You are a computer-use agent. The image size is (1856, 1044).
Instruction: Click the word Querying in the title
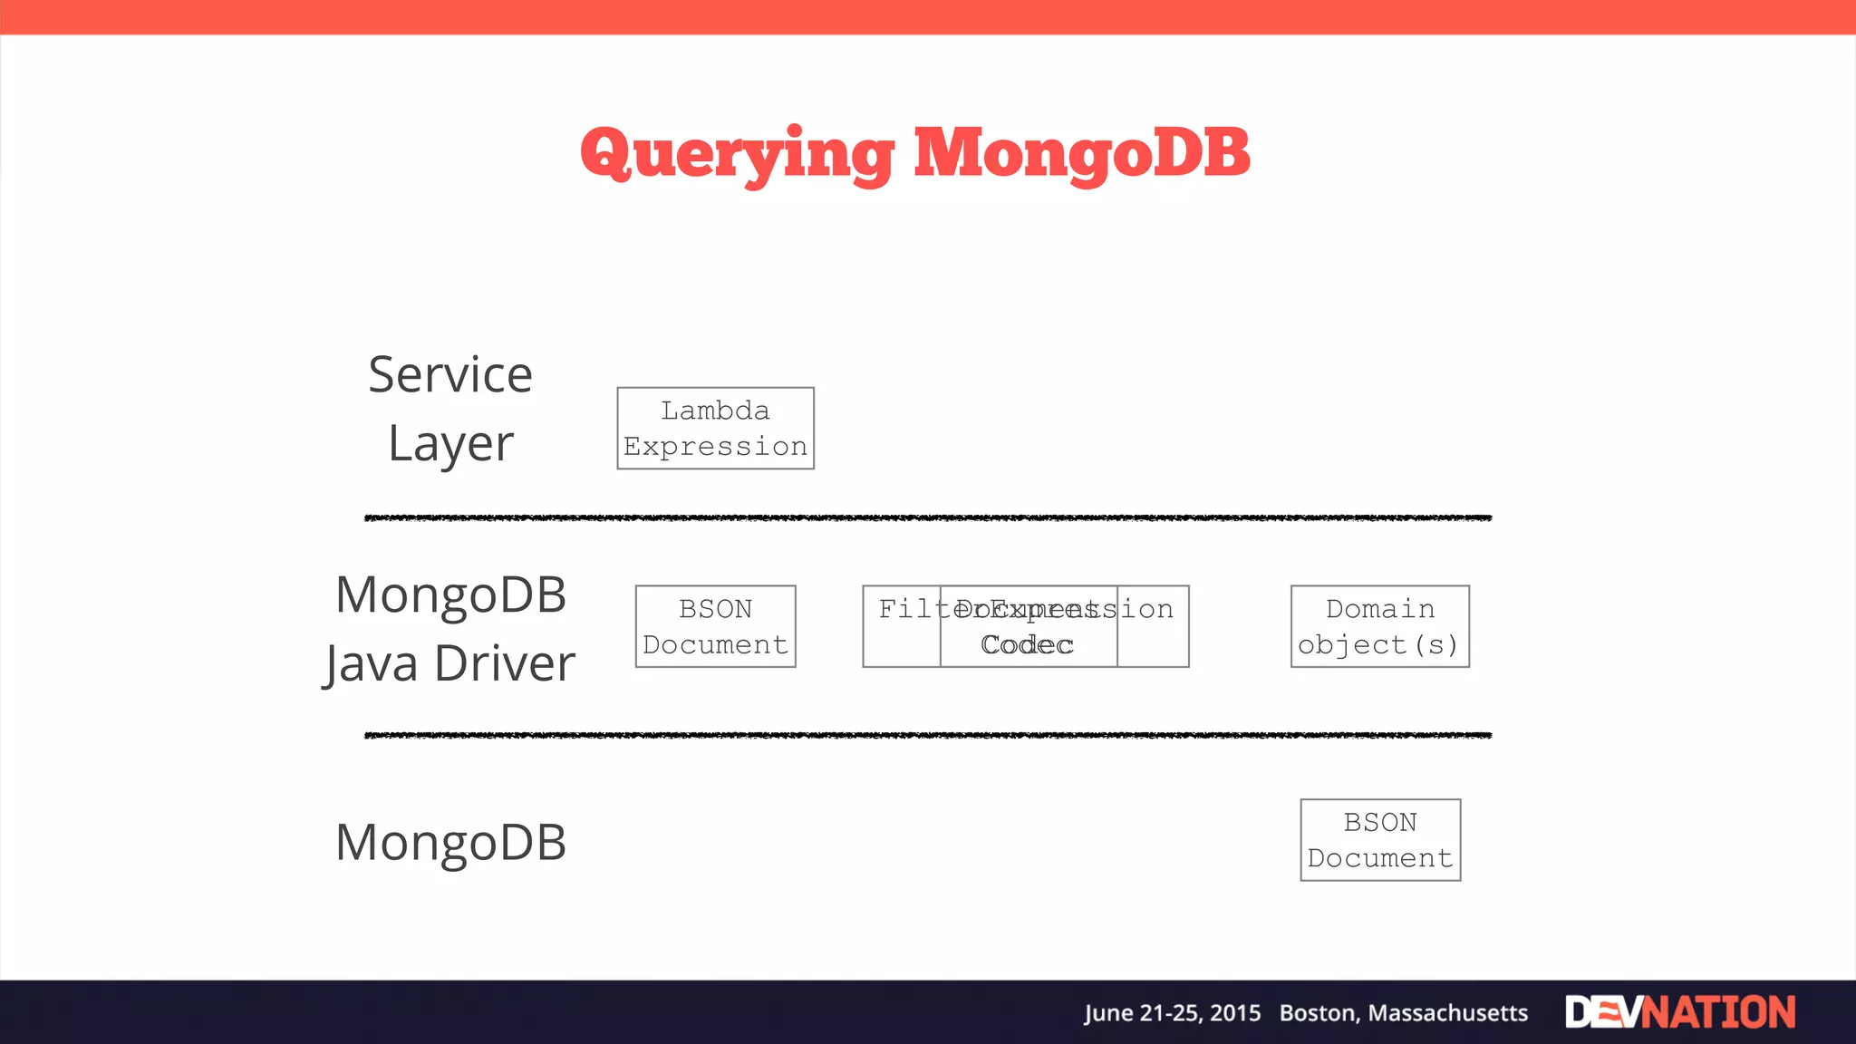[736, 154]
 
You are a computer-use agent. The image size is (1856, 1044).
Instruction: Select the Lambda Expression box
[715, 429]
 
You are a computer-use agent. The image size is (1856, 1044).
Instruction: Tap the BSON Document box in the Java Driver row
[715, 627]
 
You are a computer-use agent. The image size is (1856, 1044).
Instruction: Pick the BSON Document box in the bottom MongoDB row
[1380, 840]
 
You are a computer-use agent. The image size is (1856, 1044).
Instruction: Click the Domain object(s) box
[1379, 627]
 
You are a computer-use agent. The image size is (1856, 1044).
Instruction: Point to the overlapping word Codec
[1027, 645]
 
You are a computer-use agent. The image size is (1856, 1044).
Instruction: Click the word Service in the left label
[450, 375]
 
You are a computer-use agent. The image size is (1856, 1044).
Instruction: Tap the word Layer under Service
[450, 444]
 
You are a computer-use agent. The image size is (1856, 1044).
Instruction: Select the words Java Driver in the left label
[450, 663]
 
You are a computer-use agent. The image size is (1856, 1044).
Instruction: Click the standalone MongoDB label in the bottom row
[450, 842]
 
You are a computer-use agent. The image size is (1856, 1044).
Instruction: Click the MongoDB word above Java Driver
[450, 595]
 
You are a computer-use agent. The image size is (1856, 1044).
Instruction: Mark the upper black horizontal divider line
[928, 517]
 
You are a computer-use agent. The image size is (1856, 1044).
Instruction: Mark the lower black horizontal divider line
[928, 735]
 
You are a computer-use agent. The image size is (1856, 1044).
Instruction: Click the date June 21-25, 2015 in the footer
[1172, 1013]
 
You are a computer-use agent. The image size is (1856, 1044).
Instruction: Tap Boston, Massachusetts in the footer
[1403, 1013]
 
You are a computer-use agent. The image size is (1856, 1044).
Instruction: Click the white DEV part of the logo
[1602, 1012]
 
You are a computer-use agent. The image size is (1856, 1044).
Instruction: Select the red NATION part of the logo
[1719, 1012]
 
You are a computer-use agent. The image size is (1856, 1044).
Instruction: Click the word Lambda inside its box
[715, 411]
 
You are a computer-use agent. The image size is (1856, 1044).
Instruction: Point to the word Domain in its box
[1379, 609]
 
